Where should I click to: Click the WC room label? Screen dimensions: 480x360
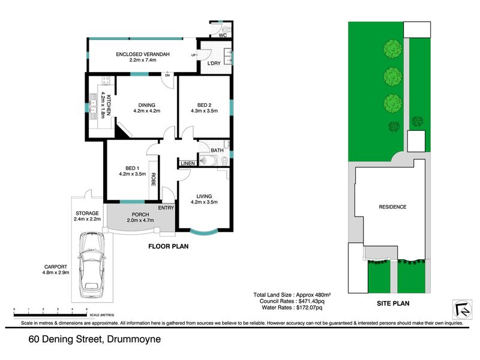click(223, 35)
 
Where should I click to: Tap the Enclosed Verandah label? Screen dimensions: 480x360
click(143, 55)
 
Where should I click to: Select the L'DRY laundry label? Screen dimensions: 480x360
click(214, 64)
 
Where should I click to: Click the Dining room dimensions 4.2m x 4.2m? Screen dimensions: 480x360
click(146, 111)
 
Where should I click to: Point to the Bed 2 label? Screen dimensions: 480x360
click(204, 105)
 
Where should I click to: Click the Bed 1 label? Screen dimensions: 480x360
click(132, 168)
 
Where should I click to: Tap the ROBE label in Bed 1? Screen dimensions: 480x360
click(154, 179)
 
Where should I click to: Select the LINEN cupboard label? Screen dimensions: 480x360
click(188, 163)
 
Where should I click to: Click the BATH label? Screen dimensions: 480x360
click(217, 151)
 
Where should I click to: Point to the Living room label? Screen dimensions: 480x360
click(204, 196)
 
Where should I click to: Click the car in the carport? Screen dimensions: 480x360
click(91, 265)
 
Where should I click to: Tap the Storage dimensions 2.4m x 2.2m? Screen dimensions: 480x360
click(87, 219)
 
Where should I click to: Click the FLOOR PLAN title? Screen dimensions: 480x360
click(169, 247)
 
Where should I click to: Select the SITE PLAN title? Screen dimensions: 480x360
click(393, 304)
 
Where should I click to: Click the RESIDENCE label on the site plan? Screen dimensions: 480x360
click(392, 207)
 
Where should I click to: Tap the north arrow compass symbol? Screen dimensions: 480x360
click(462, 309)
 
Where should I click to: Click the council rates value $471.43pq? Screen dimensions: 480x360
click(311, 301)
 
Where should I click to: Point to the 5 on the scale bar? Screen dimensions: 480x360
click(86, 310)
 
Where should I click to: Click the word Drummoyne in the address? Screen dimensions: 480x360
click(134, 339)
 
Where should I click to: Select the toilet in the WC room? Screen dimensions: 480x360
click(227, 29)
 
